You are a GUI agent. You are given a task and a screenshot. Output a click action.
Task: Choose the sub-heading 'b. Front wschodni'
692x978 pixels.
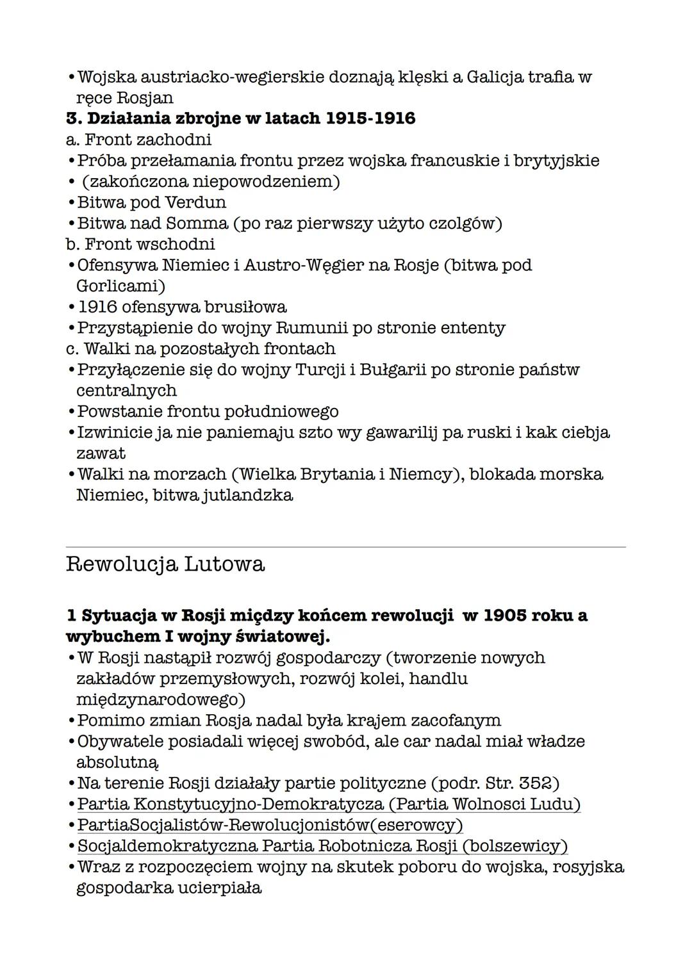point(140,244)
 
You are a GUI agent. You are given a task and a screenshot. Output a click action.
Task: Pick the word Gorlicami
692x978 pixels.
point(120,286)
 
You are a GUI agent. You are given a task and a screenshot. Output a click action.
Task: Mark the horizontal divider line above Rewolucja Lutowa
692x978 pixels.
point(346,547)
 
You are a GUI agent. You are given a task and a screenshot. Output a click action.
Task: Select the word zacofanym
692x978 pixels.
point(456,721)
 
